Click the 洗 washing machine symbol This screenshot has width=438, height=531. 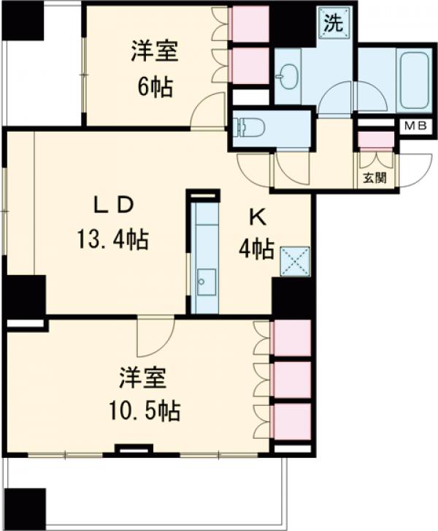point(334,23)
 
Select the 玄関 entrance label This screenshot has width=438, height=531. point(374,177)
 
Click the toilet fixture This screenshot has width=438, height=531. point(252,127)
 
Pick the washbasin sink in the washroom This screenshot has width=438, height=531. point(288,76)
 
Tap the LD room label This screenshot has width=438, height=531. point(114,206)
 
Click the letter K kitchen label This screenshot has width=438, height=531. point(258,219)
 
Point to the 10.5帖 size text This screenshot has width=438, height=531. point(144,410)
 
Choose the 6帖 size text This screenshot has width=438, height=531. point(155,87)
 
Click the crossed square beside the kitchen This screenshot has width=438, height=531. point(295,261)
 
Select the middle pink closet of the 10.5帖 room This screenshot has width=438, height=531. point(292,380)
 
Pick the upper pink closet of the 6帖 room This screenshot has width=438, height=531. point(250,24)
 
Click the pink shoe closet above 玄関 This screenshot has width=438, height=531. point(376,140)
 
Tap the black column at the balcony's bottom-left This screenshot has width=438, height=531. point(24,508)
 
